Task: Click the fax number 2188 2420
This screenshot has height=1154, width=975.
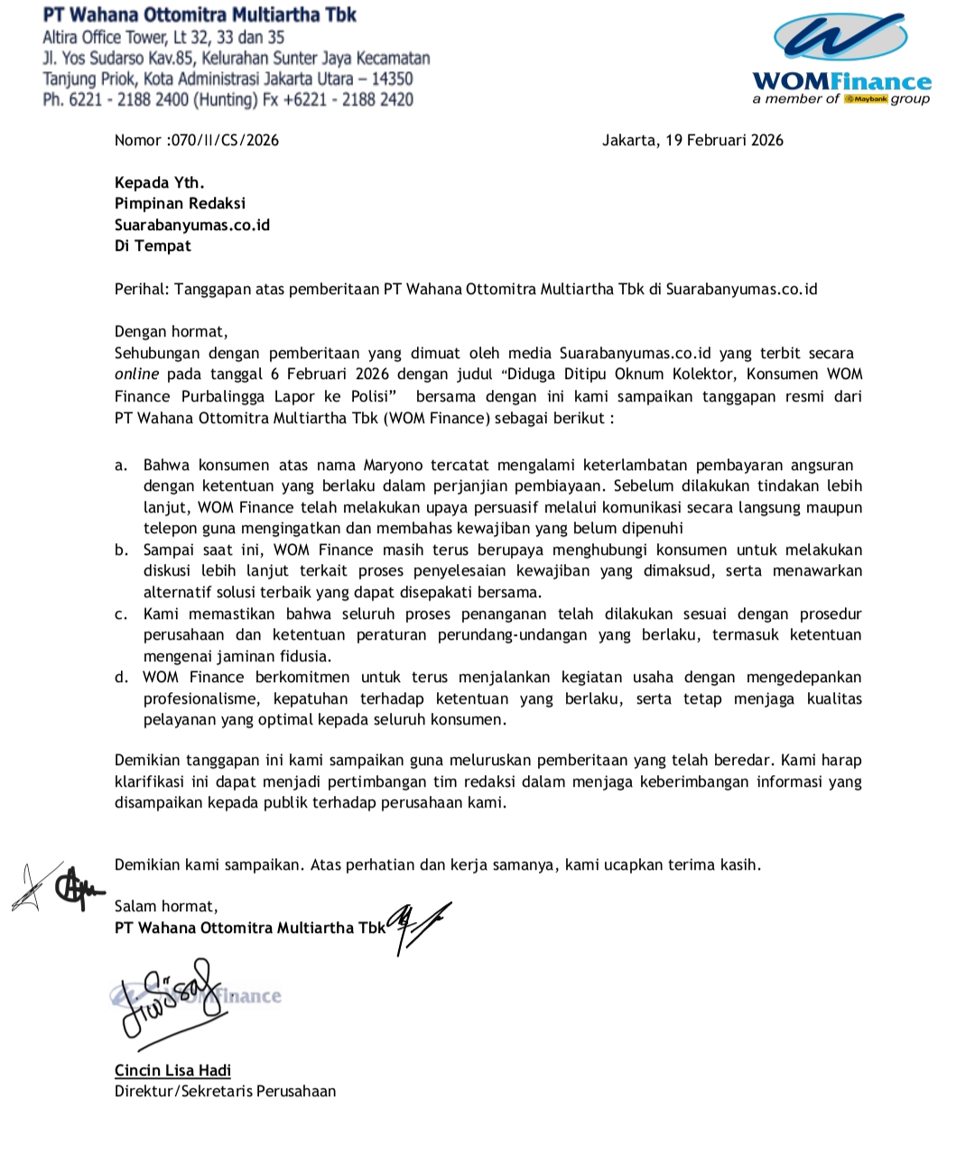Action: pyautogui.click(x=377, y=99)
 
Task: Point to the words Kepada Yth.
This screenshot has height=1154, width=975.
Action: pyautogui.click(x=159, y=182)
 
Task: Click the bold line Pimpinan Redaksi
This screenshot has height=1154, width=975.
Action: pyautogui.click(x=180, y=204)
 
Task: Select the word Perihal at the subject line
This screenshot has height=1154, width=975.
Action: pyautogui.click(x=140, y=290)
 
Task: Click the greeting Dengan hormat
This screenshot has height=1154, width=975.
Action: pyautogui.click(x=171, y=331)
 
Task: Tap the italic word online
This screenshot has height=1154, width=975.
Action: pyautogui.click(x=136, y=374)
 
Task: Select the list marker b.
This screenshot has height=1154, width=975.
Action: pyautogui.click(x=121, y=550)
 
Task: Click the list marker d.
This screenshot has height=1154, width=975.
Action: pyautogui.click(x=121, y=678)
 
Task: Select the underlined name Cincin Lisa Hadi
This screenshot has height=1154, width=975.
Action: pyautogui.click(x=172, y=1070)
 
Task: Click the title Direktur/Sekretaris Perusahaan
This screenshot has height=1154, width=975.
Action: pyautogui.click(x=225, y=1091)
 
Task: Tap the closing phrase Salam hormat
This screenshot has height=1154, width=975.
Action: pyautogui.click(x=165, y=906)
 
